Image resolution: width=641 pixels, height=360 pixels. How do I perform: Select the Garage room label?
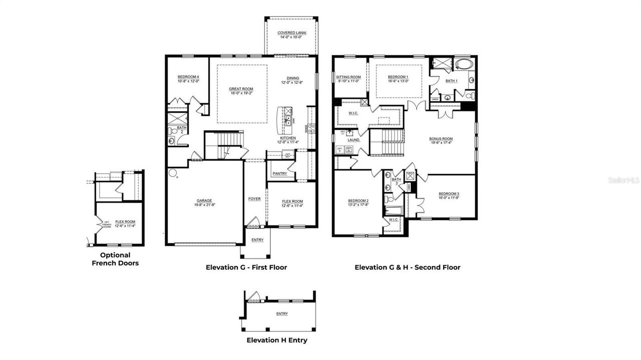204,201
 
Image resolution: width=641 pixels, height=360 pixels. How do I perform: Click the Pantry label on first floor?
280,173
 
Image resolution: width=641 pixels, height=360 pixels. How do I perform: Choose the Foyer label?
254,199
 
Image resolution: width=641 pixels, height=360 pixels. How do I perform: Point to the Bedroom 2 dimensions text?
358,205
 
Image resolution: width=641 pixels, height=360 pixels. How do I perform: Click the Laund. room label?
354,140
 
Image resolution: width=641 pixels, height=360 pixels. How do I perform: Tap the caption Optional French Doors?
115,259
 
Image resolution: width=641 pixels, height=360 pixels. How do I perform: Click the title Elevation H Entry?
277,340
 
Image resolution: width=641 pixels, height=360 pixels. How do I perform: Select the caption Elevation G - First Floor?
246,267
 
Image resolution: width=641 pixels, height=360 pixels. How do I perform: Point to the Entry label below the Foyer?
257,240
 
